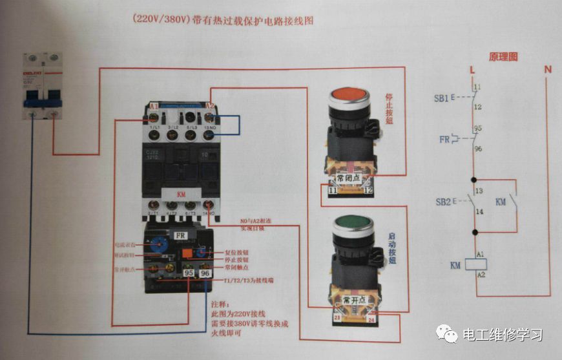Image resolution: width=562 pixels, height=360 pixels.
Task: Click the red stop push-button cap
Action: (x=349, y=96)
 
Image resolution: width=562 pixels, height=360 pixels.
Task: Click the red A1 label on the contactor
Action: (x=153, y=105)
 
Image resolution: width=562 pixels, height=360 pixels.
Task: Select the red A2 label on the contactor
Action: (x=210, y=105)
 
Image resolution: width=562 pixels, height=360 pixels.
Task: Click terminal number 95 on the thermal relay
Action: (x=190, y=273)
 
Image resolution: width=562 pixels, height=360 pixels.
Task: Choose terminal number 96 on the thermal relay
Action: (x=205, y=273)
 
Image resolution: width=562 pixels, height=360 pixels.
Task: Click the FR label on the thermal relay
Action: (x=180, y=236)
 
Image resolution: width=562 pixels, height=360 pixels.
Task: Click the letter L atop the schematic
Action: (x=473, y=69)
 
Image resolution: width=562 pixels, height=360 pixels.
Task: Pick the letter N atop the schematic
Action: (x=548, y=69)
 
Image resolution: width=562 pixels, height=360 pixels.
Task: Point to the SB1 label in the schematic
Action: (x=442, y=98)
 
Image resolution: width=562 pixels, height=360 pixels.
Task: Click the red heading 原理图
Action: (x=503, y=57)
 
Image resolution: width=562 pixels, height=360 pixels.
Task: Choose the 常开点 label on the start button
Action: (x=355, y=301)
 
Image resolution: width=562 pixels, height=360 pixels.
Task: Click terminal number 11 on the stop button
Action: (x=333, y=191)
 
